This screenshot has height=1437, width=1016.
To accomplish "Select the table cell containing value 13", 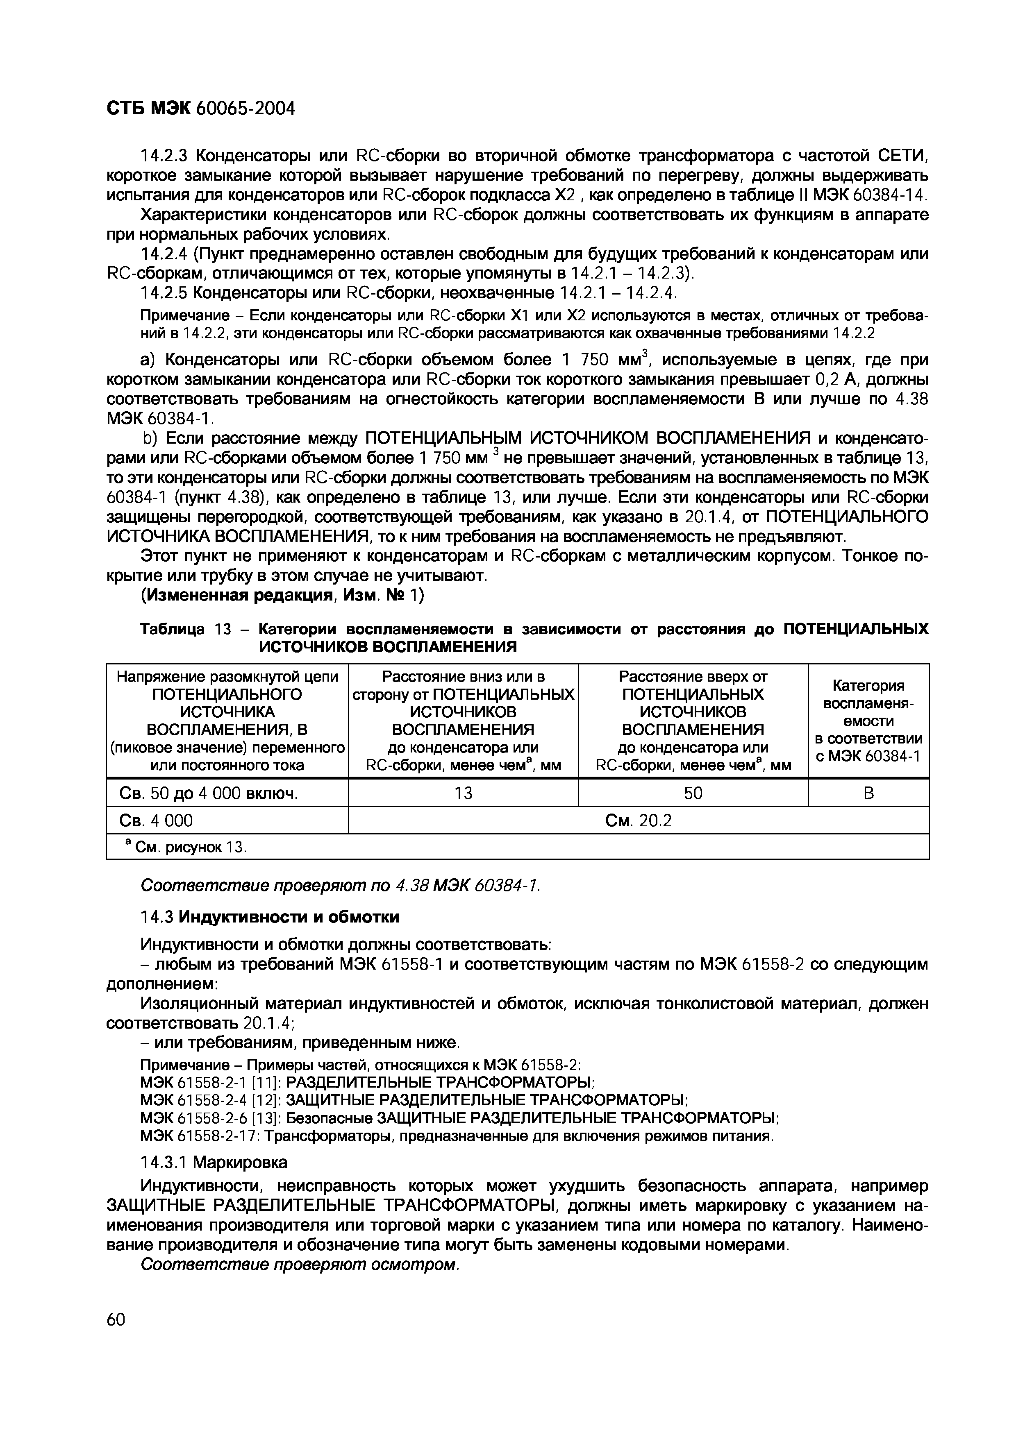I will pyautogui.click(x=463, y=793).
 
